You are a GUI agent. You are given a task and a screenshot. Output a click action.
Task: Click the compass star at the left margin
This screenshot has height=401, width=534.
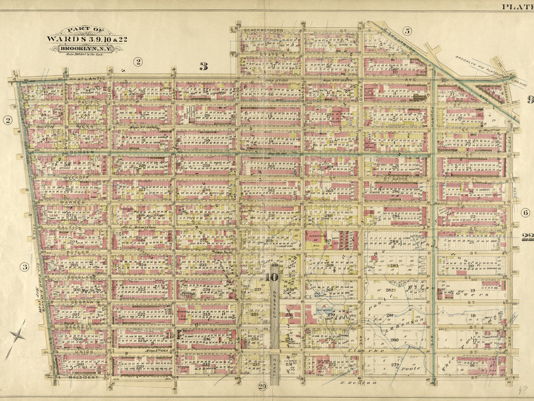point(16,336)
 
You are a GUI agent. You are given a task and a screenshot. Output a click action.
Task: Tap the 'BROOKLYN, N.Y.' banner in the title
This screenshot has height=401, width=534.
point(86,49)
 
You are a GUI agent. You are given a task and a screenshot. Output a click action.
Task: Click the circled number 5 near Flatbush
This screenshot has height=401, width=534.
point(407,31)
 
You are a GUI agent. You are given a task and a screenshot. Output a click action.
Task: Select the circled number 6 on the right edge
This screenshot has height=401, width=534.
point(525,213)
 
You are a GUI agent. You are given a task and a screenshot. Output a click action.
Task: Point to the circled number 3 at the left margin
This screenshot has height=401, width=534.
point(24,267)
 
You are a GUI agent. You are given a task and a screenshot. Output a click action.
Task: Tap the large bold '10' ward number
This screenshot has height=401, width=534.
point(272,277)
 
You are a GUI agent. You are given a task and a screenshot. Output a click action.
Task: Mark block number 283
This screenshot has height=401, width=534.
point(394,266)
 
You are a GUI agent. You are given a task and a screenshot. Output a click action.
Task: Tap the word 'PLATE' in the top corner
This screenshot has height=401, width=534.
point(517,6)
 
